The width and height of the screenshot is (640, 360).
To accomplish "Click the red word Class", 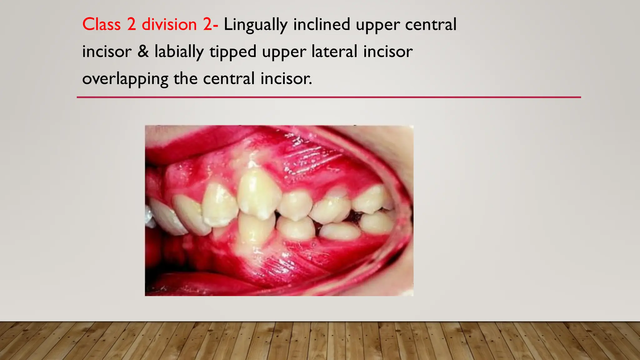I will pos(101,24).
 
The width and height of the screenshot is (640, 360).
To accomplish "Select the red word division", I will pos(169,24).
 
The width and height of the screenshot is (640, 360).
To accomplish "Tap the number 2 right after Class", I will pos(132,24).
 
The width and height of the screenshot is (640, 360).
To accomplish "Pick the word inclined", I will pos(322,24).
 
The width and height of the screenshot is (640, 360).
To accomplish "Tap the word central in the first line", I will pos(431,24).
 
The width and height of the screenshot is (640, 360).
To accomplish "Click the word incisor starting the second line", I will pos(107,52).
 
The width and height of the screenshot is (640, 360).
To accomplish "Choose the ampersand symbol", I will pos(143,52).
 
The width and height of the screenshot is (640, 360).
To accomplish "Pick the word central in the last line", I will pos(229,78).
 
